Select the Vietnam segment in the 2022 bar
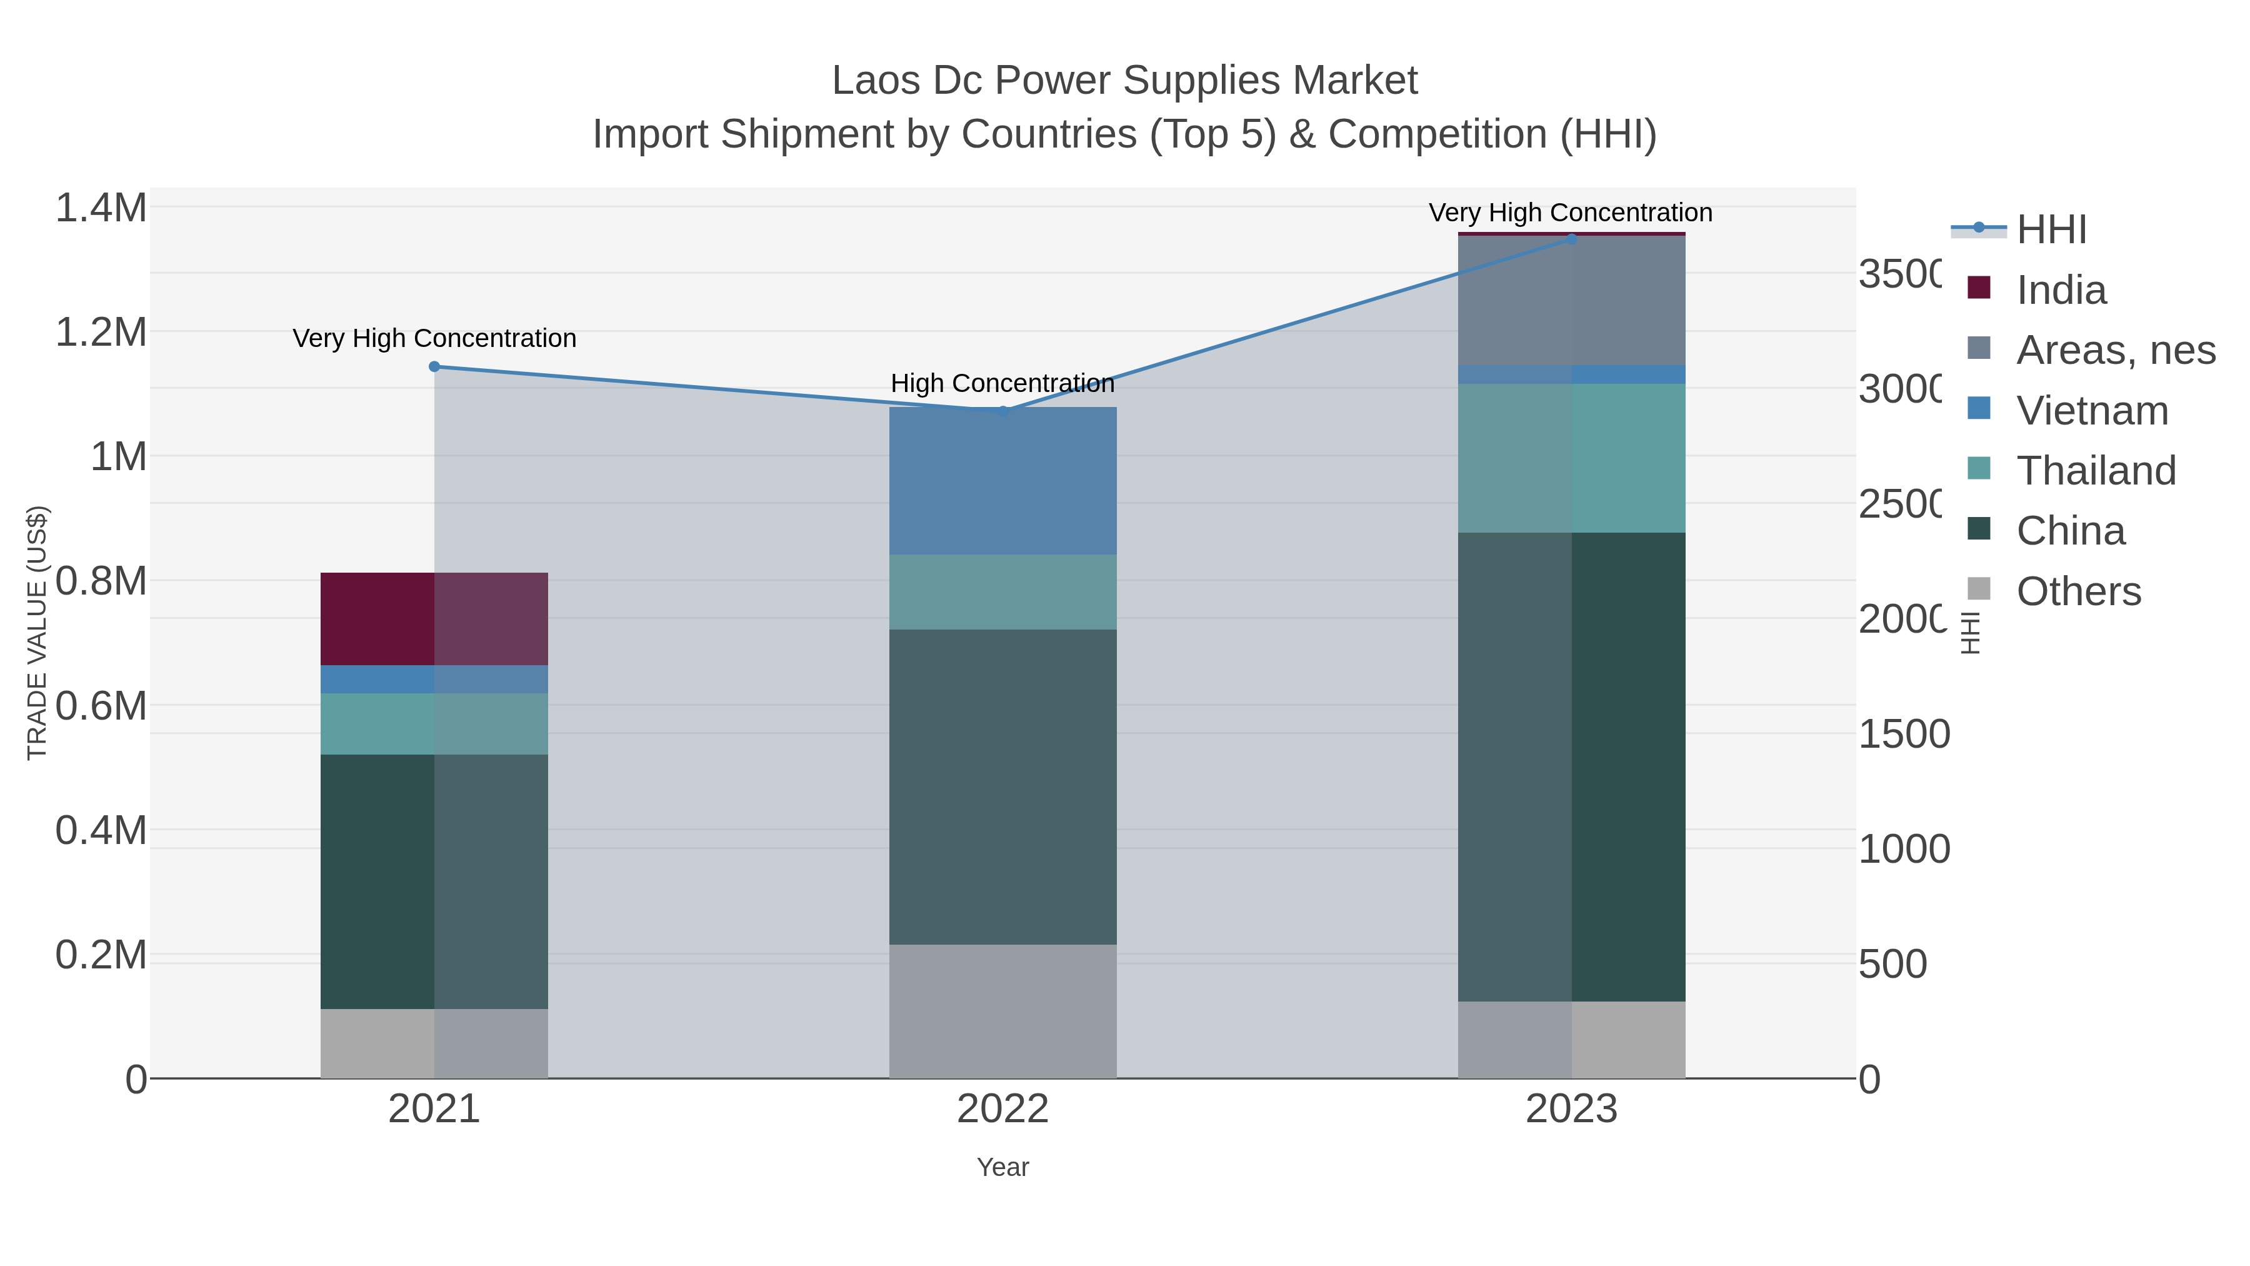click(x=1002, y=481)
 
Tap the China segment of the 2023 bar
click(x=1571, y=766)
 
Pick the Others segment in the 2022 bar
click(x=1002, y=1011)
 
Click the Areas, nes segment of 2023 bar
click(x=1571, y=301)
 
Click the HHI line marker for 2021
click(x=434, y=367)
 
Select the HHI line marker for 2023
click(x=1571, y=239)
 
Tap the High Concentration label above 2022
click(x=1002, y=384)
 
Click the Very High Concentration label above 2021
click(x=434, y=338)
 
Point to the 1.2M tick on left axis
click(x=101, y=332)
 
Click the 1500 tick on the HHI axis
click(x=1903, y=734)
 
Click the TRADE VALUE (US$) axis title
click(x=37, y=633)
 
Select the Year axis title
click(x=1002, y=1167)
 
